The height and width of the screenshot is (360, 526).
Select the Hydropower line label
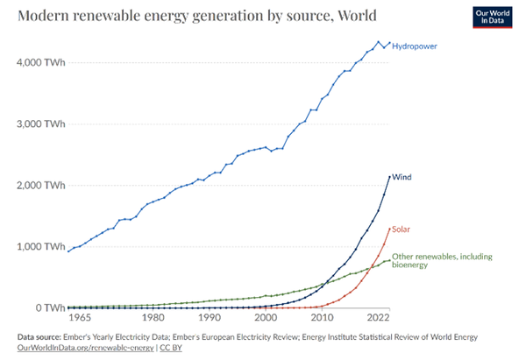pos(415,45)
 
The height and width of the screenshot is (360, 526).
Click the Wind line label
pos(402,177)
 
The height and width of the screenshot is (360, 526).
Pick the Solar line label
pos(402,229)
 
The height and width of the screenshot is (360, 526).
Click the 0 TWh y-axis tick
pos(45,307)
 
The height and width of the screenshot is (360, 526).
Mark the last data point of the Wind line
pos(389,177)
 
